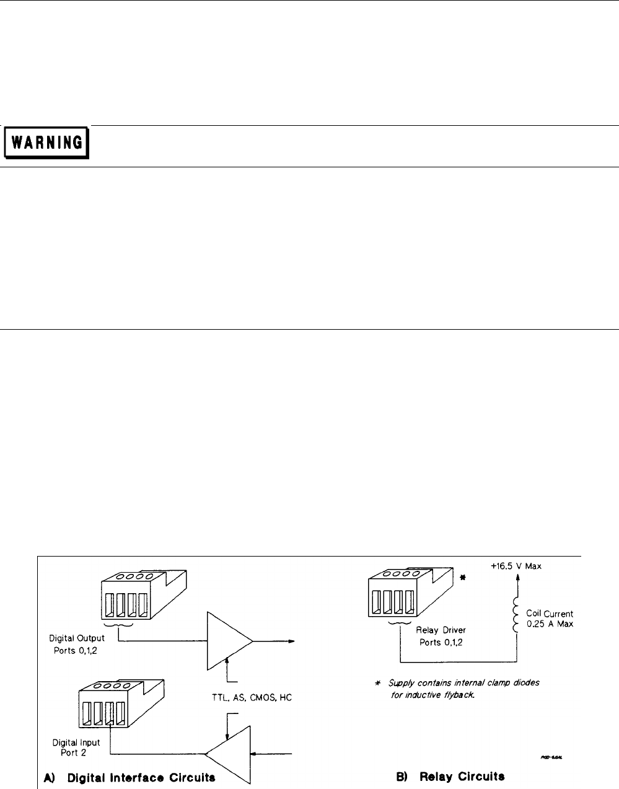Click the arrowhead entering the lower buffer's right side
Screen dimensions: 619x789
(253, 754)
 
